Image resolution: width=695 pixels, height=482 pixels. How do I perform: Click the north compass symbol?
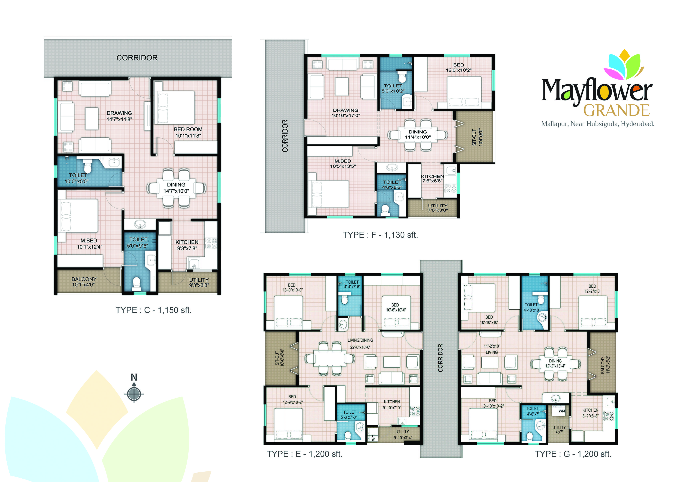pos(134,393)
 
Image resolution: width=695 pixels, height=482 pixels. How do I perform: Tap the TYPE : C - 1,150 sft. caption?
pos(154,310)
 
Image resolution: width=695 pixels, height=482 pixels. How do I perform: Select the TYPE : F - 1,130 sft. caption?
pos(380,235)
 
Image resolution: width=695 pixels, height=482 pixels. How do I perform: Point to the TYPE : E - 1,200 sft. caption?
pos(305,454)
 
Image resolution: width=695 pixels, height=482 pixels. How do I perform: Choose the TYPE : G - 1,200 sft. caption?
pos(573,454)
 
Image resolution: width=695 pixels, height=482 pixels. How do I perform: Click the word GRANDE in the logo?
pos(617,110)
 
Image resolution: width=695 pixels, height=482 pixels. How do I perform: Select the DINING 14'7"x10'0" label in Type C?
pos(176,187)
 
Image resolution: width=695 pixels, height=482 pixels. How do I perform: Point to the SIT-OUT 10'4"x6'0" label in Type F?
pos(477,137)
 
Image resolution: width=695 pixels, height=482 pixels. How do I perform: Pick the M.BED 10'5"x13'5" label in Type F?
pos(343,163)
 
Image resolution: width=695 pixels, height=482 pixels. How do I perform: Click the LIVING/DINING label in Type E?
pos(360,340)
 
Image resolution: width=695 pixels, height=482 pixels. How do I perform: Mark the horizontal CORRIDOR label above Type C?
pos(137,58)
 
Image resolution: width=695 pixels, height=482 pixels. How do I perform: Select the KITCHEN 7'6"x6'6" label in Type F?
pos(432,178)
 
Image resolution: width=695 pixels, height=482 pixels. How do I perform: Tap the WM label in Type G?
pos(562,411)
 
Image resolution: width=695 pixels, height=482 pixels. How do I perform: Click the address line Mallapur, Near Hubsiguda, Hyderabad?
pos(598,124)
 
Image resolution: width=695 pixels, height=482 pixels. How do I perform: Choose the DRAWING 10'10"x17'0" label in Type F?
pos(346,113)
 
